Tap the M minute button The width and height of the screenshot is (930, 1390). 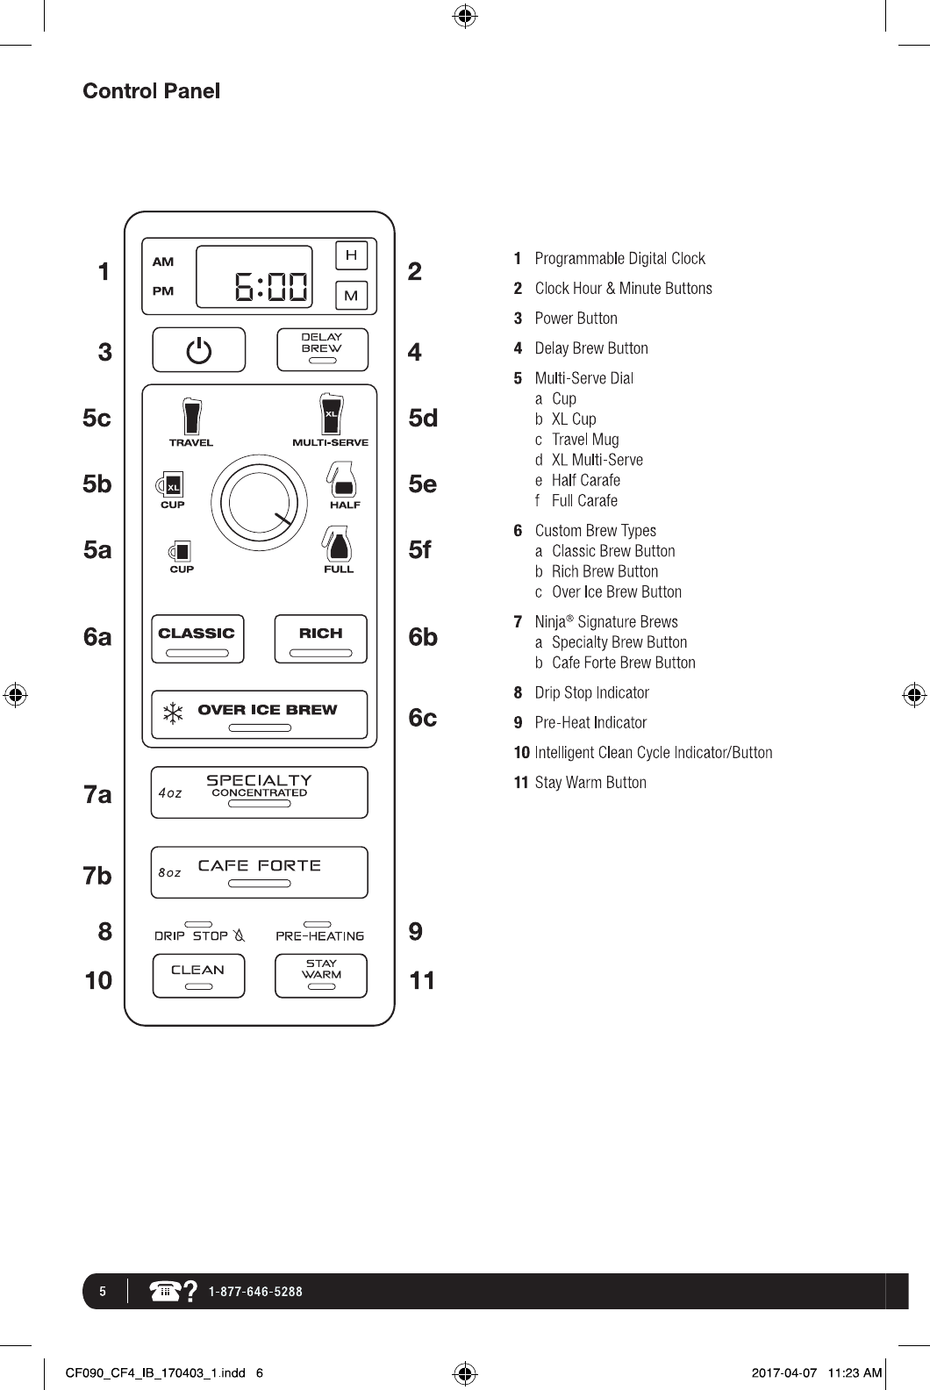click(x=351, y=295)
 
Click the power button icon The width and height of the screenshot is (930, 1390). click(x=199, y=350)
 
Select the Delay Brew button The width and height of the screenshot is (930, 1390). click(x=322, y=349)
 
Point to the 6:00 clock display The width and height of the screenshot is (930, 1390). click(x=254, y=276)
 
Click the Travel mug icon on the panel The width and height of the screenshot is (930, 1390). click(x=191, y=416)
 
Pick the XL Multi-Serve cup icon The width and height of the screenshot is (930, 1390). click(x=330, y=414)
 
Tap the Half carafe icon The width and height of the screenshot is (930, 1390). click(x=342, y=480)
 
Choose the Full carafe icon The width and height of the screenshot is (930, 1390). click(x=338, y=544)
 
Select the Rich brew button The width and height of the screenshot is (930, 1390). click(x=320, y=639)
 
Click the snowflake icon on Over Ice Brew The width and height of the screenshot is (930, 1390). click(x=174, y=714)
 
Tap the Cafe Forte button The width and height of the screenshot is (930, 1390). click(x=259, y=872)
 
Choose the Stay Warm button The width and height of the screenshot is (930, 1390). click(x=321, y=976)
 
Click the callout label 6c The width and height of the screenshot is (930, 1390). click(x=422, y=718)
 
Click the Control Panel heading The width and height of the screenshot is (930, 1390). click(x=151, y=91)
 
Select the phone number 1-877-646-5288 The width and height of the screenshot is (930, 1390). click(x=255, y=1292)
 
